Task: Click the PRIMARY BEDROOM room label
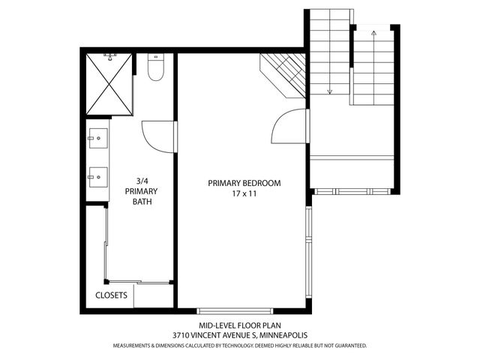click(x=244, y=183)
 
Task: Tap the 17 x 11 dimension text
click(x=244, y=194)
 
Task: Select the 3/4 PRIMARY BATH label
click(x=141, y=190)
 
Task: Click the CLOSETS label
click(x=112, y=295)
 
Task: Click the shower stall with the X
click(x=109, y=85)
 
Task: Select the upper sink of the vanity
click(x=96, y=138)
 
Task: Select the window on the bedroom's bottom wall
click(x=236, y=308)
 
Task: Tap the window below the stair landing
click(x=352, y=191)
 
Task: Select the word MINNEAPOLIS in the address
click(x=283, y=335)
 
